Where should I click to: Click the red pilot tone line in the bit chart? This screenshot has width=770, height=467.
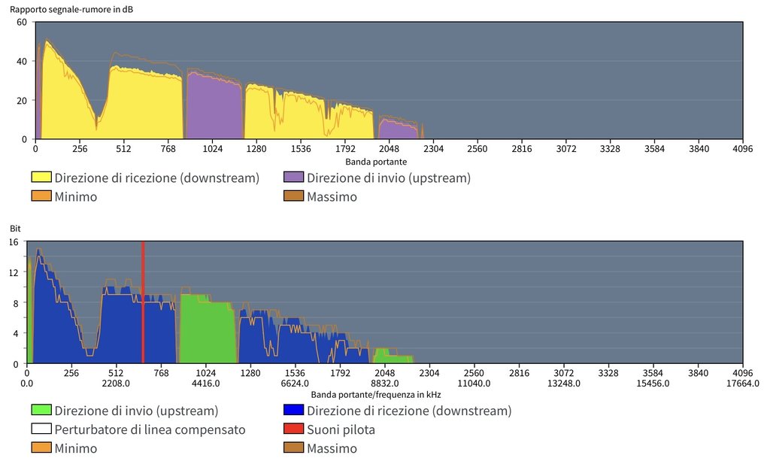tap(143, 301)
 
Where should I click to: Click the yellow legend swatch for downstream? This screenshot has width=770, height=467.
tap(41, 178)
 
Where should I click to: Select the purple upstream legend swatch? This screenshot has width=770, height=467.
tap(294, 178)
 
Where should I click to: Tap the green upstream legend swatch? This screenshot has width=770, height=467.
tap(41, 411)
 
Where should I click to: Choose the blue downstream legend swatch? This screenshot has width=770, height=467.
tap(294, 411)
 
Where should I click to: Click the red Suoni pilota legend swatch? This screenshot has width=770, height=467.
tap(294, 429)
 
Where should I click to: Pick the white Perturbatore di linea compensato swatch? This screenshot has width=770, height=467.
tap(41, 429)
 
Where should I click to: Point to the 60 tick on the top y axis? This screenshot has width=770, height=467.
tap(22, 22)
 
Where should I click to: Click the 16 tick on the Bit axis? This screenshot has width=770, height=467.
tap(13, 242)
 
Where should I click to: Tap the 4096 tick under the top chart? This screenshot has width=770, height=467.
tap(742, 149)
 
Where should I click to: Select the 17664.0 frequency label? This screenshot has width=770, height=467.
tap(742, 383)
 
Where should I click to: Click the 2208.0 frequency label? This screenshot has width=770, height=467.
tap(116, 383)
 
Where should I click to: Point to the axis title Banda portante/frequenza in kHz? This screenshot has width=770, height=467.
tap(376, 394)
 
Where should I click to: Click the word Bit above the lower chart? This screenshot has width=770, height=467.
tap(14, 227)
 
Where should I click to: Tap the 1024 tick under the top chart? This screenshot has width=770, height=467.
tap(212, 149)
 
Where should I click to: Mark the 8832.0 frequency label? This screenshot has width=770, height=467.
tap(384, 383)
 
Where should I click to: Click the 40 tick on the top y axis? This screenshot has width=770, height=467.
tap(22, 61)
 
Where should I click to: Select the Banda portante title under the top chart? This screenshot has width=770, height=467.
tap(376, 162)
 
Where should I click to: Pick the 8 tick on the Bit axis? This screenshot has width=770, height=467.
tap(16, 303)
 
